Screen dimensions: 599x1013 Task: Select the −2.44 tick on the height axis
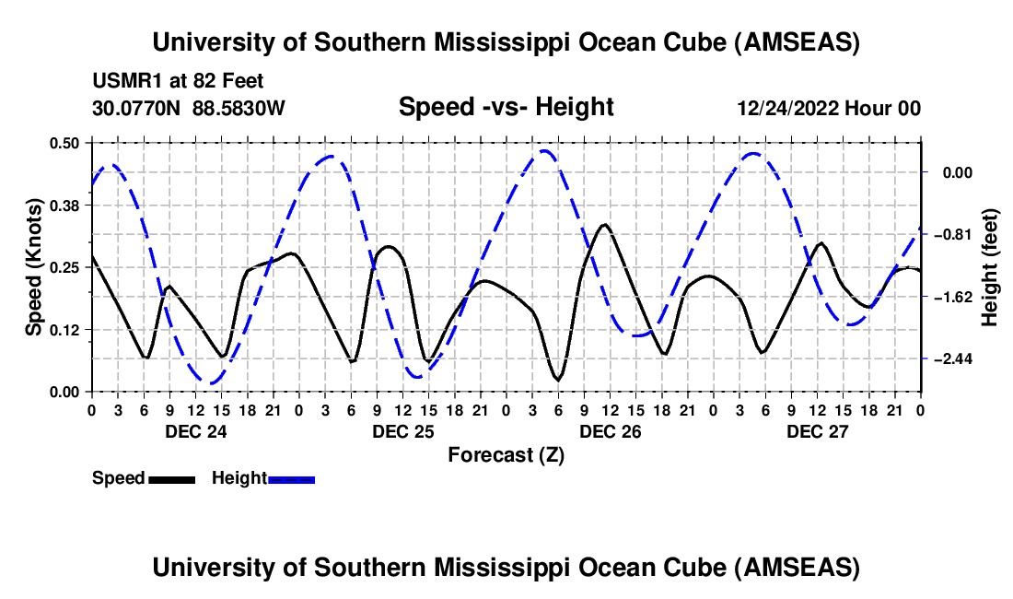(x=955, y=358)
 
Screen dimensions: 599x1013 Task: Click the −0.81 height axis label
(x=955, y=235)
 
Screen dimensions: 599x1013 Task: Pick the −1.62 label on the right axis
(x=955, y=297)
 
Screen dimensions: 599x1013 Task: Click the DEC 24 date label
(x=195, y=430)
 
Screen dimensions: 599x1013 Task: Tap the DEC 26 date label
(x=610, y=430)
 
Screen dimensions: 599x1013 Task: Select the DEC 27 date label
(x=817, y=430)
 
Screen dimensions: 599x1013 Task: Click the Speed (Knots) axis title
(x=33, y=267)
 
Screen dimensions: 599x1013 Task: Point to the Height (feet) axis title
(x=990, y=267)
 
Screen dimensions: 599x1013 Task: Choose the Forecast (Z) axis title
(x=505, y=454)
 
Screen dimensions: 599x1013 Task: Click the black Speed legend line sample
(x=170, y=479)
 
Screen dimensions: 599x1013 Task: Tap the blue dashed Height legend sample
(x=292, y=479)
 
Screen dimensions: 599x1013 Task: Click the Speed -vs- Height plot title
(x=506, y=107)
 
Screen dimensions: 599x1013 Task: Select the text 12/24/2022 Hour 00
(x=829, y=109)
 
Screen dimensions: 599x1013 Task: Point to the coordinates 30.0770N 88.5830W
(x=189, y=109)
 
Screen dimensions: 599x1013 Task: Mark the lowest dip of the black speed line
(x=558, y=379)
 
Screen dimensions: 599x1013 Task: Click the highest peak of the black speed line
(x=604, y=224)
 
